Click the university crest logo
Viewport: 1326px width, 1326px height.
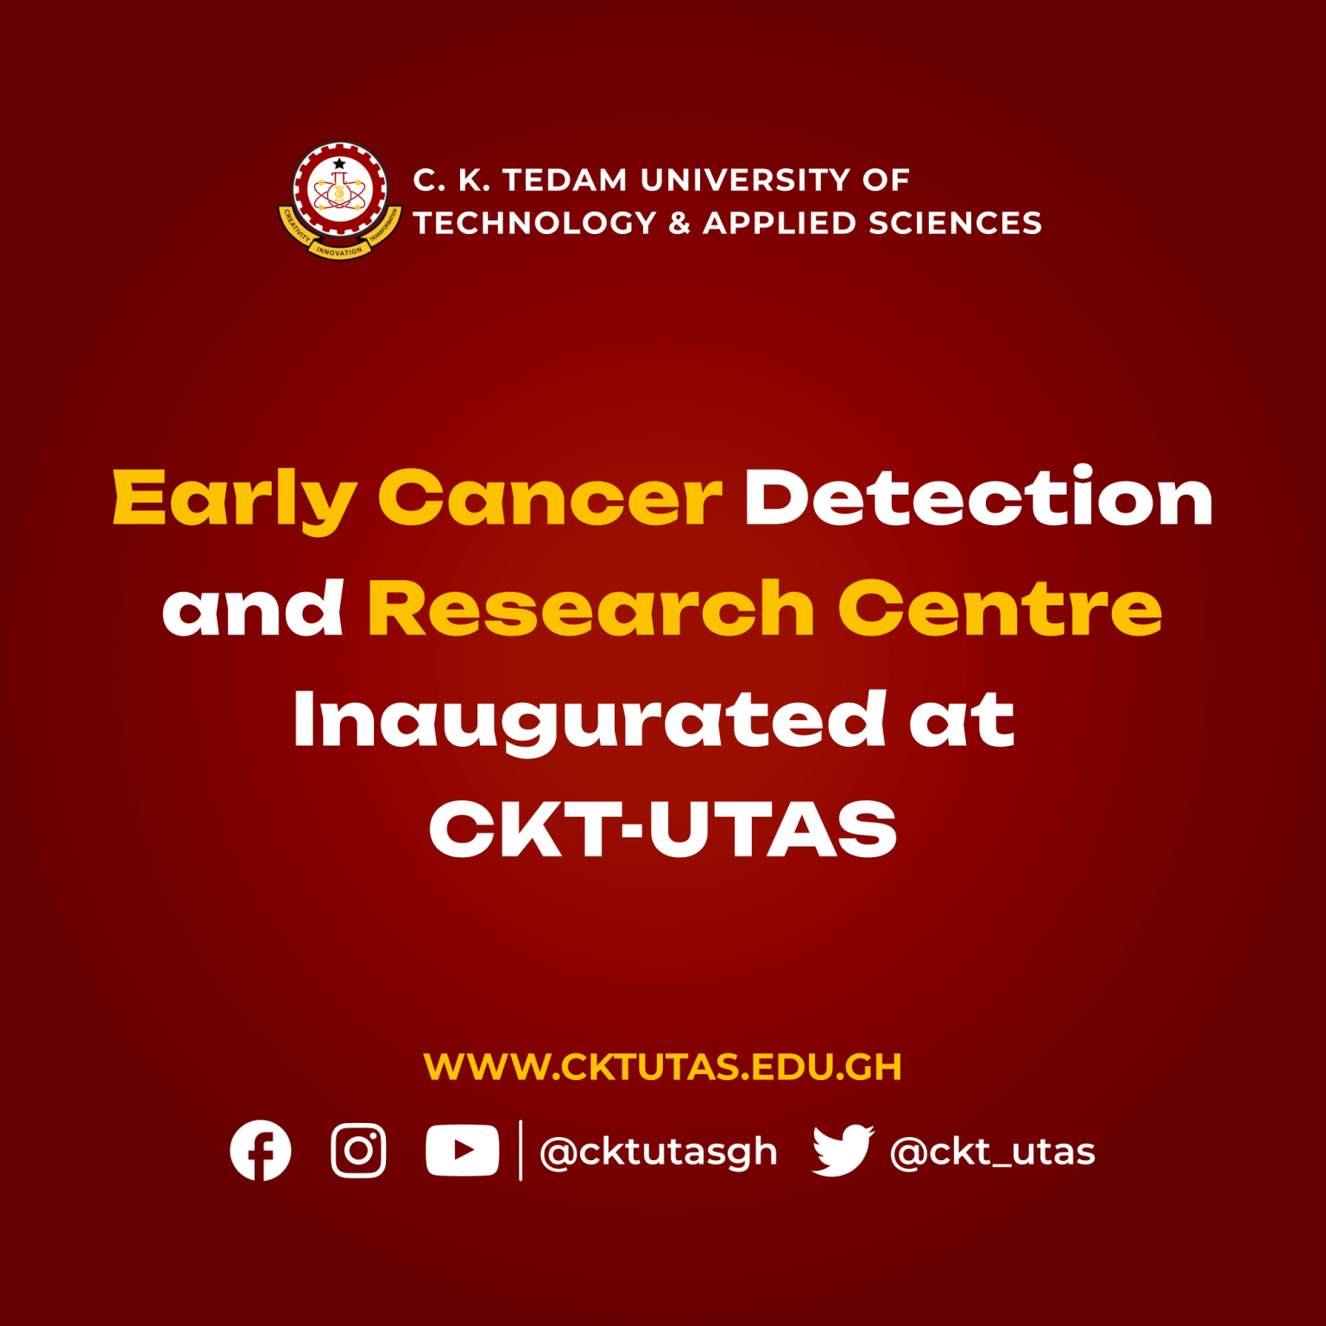click(x=340, y=199)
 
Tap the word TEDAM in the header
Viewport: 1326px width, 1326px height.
click(x=565, y=180)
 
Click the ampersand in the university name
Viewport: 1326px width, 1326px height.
click(x=679, y=223)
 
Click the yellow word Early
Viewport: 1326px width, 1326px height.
click(x=235, y=499)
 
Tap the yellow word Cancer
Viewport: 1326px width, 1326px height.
click(x=550, y=499)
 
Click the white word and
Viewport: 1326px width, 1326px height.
click(x=253, y=609)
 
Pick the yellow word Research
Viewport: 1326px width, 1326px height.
click(x=591, y=609)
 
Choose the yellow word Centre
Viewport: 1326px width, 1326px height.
click(x=1000, y=609)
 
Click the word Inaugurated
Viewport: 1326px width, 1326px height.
click(x=590, y=721)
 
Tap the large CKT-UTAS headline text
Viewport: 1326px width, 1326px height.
click(x=663, y=829)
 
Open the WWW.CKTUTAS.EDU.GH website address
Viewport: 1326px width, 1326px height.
click(x=662, y=1067)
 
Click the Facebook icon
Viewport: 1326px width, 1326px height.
click(x=261, y=1150)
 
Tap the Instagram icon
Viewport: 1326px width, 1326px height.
click(x=358, y=1150)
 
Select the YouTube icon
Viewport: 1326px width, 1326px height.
click(x=462, y=1150)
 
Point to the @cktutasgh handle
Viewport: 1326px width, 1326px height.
click(x=658, y=1152)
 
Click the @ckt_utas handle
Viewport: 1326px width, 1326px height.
click(x=992, y=1152)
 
